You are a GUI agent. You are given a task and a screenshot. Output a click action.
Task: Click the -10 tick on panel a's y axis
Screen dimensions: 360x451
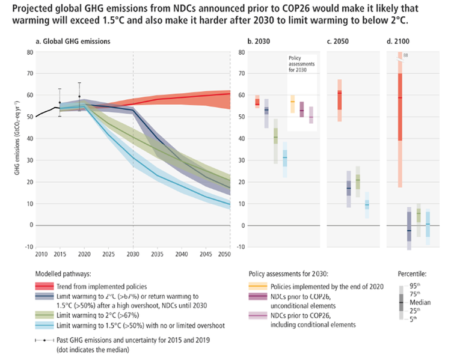(28, 246)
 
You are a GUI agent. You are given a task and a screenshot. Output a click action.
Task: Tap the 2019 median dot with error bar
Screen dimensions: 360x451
(79, 96)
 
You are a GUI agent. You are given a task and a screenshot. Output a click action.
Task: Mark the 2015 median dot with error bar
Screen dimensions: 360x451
(60, 103)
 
